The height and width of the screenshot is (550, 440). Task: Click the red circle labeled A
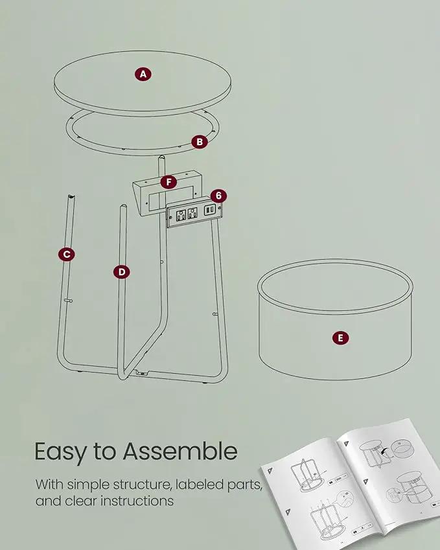pyautogui.click(x=143, y=74)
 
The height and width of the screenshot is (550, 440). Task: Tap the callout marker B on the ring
pyautogui.click(x=200, y=142)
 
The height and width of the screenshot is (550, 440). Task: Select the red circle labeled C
pyautogui.click(x=67, y=255)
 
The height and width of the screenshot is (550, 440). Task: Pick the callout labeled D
pyautogui.click(x=121, y=272)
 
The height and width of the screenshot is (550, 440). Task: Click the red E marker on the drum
pyautogui.click(x=340, y=338)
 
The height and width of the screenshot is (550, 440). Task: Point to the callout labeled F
pyautogui.click(x=168, y=182)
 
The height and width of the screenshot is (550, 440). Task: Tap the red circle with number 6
pyautogui.click(x=218, y=196)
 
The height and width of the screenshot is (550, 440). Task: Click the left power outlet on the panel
pyautogui.click(x=181, y=215)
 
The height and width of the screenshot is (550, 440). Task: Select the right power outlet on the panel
pyautogui.click(x=192, y=213)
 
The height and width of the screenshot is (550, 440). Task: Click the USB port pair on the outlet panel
pyautogui.click(x=209, y=210)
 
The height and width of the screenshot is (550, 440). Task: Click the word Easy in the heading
pyautogui.click(x=60, y=452)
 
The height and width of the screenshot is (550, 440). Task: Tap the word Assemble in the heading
pyautogui.click(x=180, y=451)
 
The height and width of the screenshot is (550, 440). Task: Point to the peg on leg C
pyautogui.click(x=69, y=301)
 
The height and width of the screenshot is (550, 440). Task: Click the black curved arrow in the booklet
pyautogui.click(x=386, y=452)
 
